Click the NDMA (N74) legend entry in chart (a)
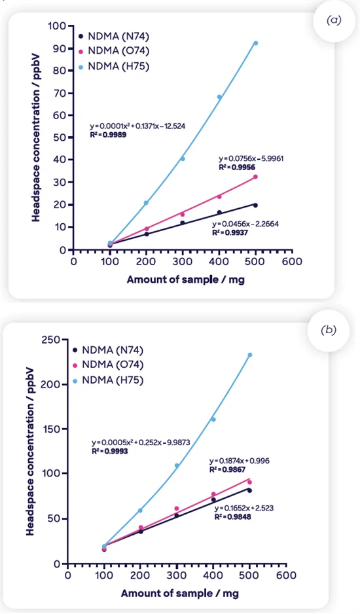coord(112,36)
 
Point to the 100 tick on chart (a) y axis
coord(60,26)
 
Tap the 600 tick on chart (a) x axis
coord(292,261)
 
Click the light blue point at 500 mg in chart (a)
coord(255,43)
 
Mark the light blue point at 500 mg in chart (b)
coord(249,355)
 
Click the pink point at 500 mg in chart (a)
coord(255,177)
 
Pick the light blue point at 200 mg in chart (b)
coord(140,511)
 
